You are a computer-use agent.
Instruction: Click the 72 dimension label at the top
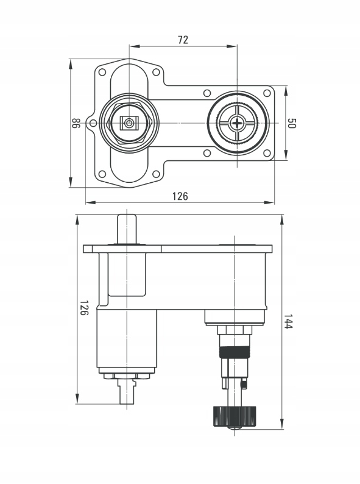(183, 40)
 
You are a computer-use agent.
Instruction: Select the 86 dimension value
(76, 123)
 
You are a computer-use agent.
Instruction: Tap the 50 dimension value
(292, 123)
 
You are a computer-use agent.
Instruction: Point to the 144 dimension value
(288, 322)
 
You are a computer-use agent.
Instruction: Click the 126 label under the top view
(180, 196)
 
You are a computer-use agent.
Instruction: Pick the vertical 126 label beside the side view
(84, 307)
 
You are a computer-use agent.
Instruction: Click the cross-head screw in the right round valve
(237, 123)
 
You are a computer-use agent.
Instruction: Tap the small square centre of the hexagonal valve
(129, 124)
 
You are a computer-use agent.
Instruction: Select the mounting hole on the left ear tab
(93, 124)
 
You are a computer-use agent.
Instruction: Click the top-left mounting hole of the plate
(102, 72)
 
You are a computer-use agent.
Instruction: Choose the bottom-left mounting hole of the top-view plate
(102, 174)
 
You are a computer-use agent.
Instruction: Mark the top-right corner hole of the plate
(267, 93)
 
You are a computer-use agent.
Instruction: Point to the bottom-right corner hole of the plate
(267, 153)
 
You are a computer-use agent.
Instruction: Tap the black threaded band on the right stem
(235, 352)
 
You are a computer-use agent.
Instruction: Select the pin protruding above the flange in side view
(127, 229)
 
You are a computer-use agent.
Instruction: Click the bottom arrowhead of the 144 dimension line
(282, 424)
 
